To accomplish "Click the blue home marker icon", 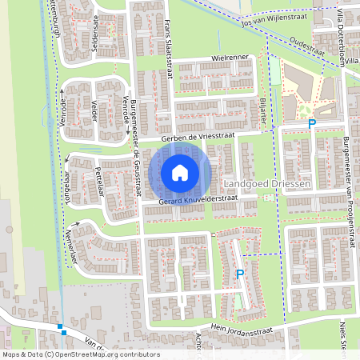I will pos(180,172).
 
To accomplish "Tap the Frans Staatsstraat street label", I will pos(170,44).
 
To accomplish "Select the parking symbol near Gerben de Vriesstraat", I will pos(312,124).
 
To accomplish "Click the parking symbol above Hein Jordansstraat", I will pos(239,274).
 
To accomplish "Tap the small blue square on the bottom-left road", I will pos(62,327).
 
